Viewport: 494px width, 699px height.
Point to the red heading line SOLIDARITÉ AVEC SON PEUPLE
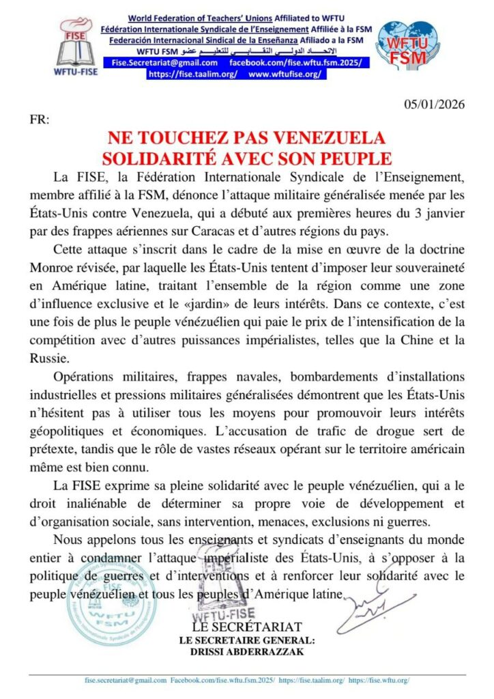coord(246,158)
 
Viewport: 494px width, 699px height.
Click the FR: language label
coord(40,119)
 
